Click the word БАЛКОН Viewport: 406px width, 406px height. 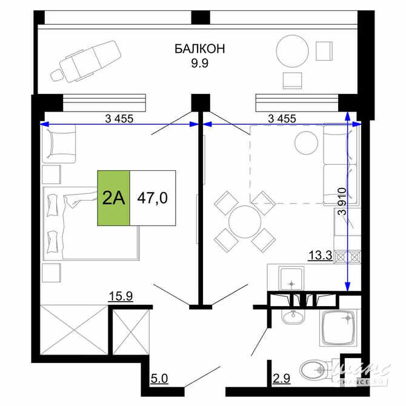click(x=200, y=49)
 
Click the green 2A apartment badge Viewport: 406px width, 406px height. click(x=114, y=198)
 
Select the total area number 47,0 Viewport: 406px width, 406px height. click(x=152, y=198)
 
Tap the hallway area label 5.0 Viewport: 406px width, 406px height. click(x=161, y=380)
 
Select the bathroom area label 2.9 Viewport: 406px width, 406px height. click(x=281, y=380)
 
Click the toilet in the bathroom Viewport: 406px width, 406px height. click(x=315, y=368)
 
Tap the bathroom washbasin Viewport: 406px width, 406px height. click(x=293, y=317)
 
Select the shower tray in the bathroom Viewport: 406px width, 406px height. click(x=338, y=328)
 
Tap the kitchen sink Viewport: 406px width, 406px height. click(x=293, y=280)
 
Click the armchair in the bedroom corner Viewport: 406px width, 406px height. click(x=59, y=143)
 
